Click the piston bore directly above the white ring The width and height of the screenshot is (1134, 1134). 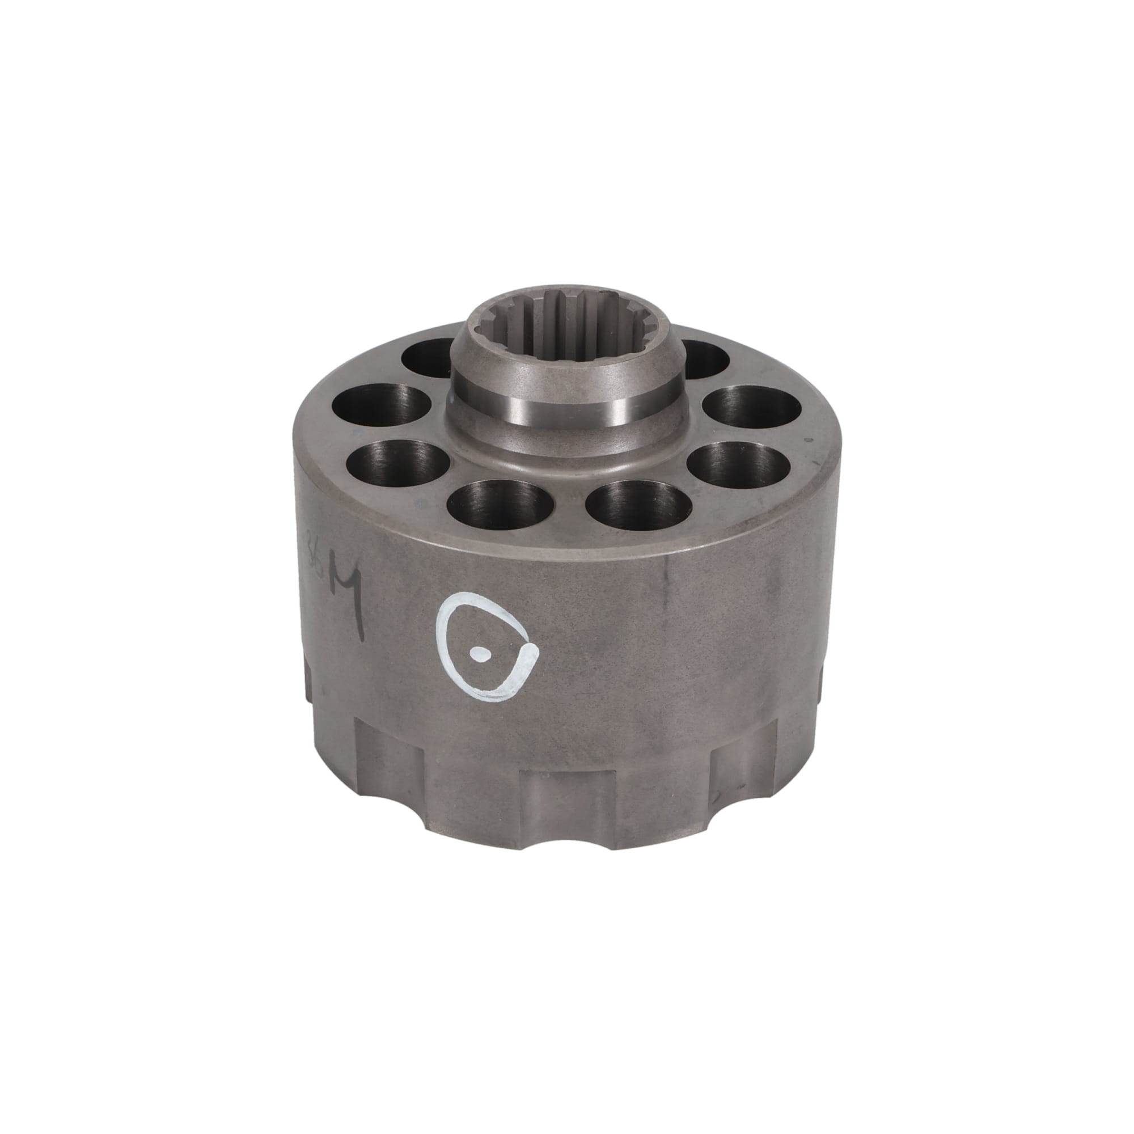click(500, 504)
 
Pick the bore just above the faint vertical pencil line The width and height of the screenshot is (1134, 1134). click(639, 505)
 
